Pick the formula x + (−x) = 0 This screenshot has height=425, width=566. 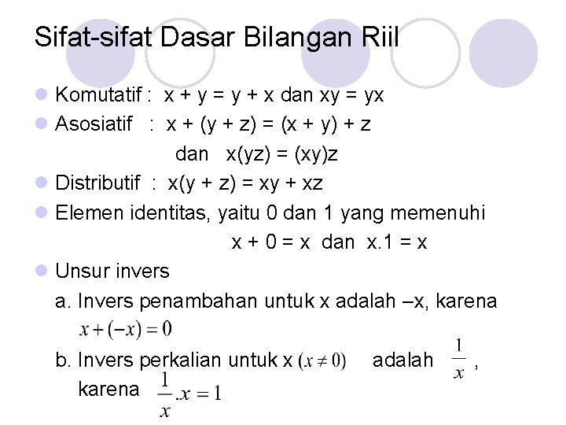(125, 326)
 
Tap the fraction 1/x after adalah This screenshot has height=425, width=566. (458, 360)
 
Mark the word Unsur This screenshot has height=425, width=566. (81, 272)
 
